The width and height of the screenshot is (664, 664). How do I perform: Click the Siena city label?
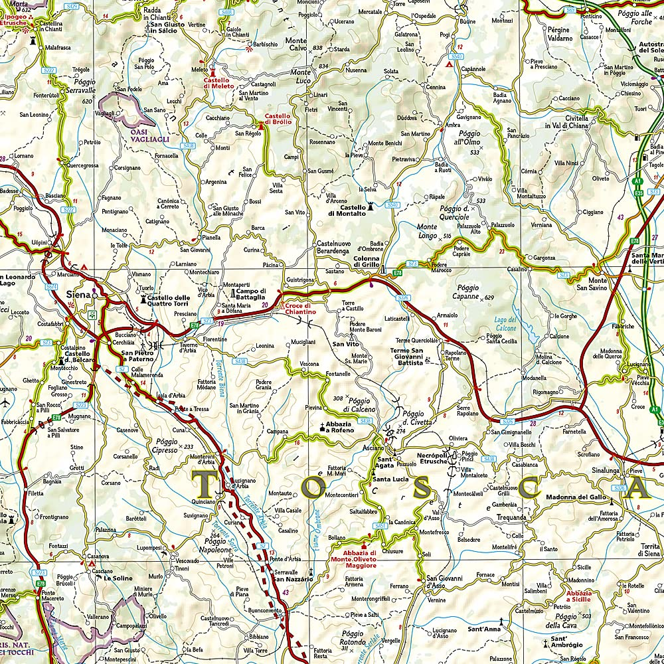coord(78,291)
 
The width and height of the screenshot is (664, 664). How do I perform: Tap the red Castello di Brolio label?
coord(278,118)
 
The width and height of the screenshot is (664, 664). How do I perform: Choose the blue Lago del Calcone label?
coord(505,323)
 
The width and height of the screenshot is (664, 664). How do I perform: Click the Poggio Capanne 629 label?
coord(472,292)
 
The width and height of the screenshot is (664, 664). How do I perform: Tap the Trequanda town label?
coord(511,517)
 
